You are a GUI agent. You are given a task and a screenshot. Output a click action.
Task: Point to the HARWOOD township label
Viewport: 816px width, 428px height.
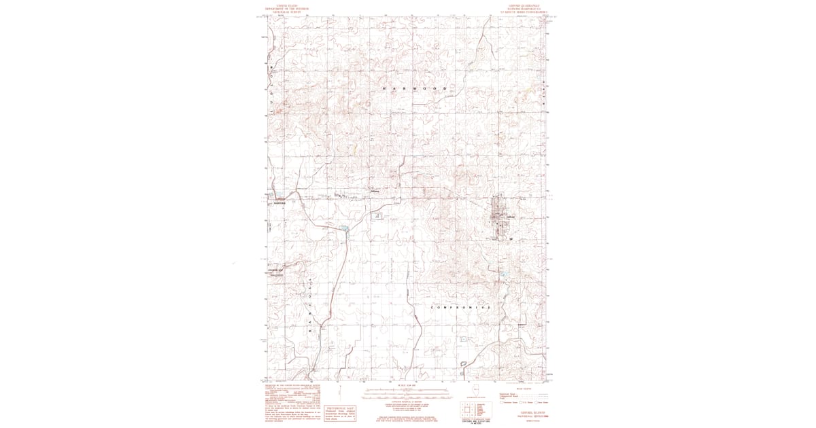(414, 90)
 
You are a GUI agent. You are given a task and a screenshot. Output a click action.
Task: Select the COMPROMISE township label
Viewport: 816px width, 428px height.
(460, 308)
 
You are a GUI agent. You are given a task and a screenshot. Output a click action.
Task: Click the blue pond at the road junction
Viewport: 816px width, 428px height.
(345, 228)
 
